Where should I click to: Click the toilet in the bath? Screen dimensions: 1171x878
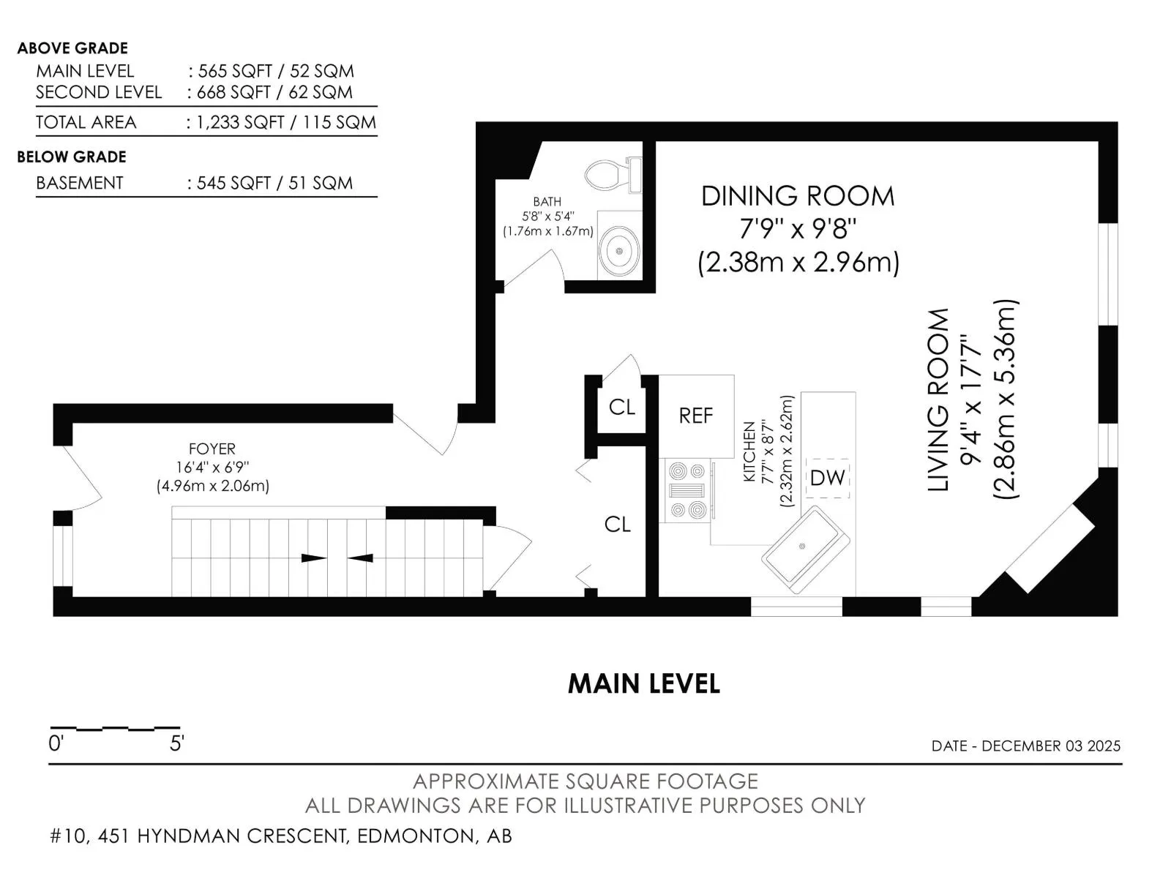[613, 174]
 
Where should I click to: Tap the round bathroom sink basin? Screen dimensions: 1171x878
[619, 250]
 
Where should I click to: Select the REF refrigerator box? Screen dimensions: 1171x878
[696, 416]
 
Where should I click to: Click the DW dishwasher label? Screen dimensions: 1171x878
[827, 479]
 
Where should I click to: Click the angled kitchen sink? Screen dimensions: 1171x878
[805, 549]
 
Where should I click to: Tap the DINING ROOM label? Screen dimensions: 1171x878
[798, 196]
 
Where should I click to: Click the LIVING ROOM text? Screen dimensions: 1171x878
[938, 399]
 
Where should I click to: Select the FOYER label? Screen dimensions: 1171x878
[212, 449]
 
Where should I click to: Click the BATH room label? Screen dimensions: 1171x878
[547, 201]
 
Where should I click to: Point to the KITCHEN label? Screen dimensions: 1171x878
[749, 452]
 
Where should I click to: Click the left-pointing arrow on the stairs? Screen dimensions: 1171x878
[360, 558]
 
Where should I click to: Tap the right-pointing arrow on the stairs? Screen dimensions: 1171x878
[314, 558]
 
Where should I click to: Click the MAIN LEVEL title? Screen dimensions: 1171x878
[644, 684]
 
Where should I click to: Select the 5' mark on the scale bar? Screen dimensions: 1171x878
[176, 743]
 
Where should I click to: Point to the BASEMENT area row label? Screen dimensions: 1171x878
[80, 184]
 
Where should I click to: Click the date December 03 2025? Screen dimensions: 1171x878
[1051, 746]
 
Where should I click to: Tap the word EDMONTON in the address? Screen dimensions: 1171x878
[415, 836]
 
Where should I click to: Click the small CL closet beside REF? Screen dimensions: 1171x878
[621, 408]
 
